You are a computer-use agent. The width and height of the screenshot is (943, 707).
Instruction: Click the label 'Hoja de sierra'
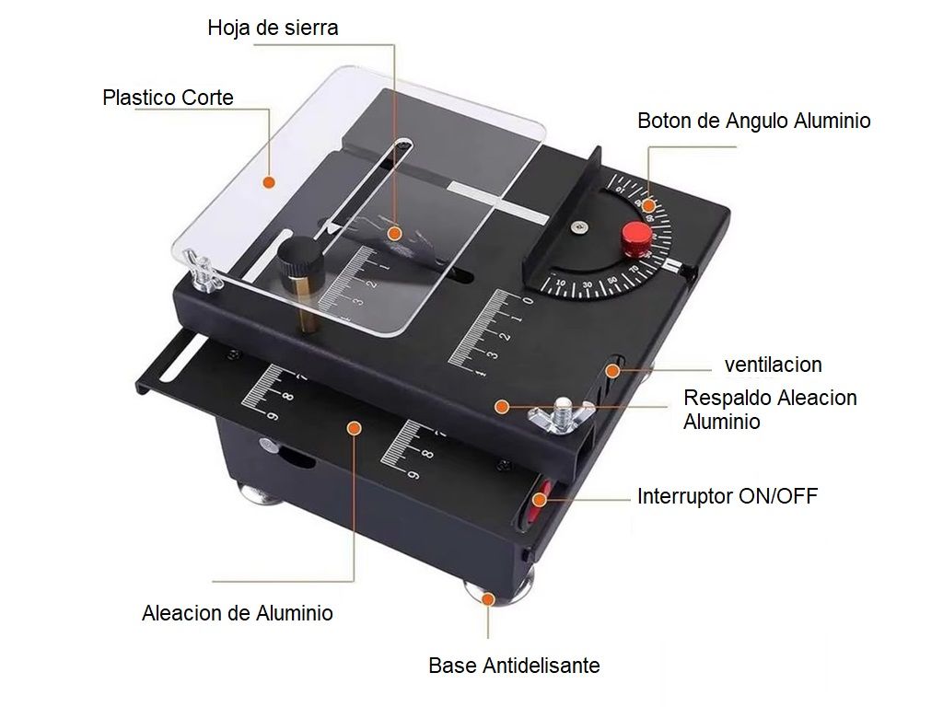click(273, 28)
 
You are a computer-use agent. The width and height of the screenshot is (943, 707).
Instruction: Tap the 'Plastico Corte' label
click(168, 98)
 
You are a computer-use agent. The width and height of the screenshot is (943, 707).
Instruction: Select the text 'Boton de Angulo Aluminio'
click(753, 121)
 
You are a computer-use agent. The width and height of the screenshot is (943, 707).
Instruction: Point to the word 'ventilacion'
click(773, 365)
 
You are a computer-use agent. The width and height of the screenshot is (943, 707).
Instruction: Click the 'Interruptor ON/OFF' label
click(727, 497)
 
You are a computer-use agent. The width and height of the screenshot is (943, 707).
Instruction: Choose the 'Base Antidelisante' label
click(514, 666)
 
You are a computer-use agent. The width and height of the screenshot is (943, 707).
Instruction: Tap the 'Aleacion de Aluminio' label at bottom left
click(238, 613)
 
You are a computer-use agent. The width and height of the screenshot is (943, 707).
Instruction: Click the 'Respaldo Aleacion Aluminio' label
click(770, 410)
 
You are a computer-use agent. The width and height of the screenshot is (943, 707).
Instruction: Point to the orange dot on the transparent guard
click(268, 182)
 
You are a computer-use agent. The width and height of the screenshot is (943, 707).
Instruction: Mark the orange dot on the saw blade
click(394, 232)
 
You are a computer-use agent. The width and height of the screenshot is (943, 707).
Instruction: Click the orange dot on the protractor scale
click(648, 205)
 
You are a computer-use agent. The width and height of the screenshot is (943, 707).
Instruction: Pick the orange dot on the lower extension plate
click(353, 427)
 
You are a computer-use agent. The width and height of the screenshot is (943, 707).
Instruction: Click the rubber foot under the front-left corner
click(260, 494)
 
